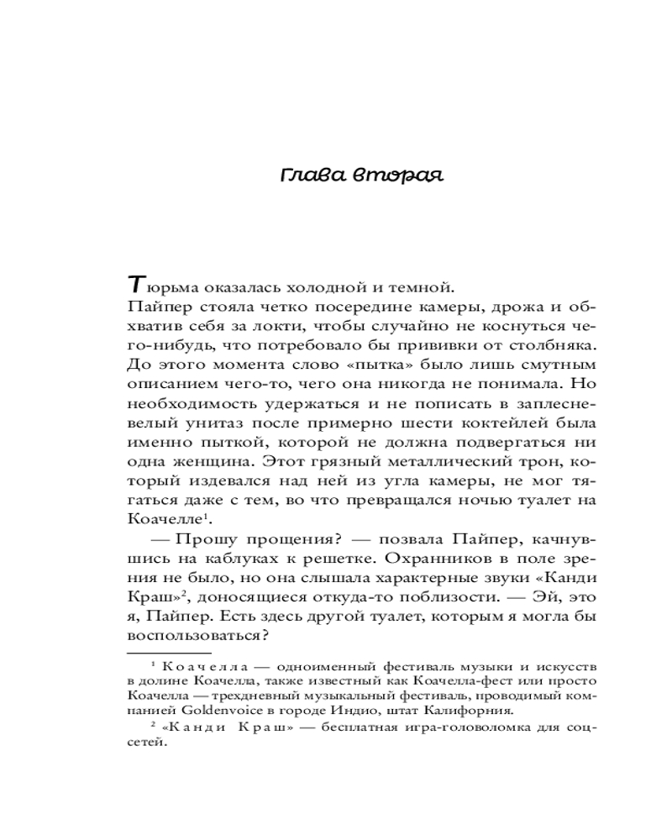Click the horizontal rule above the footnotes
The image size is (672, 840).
(x=167, y=652)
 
